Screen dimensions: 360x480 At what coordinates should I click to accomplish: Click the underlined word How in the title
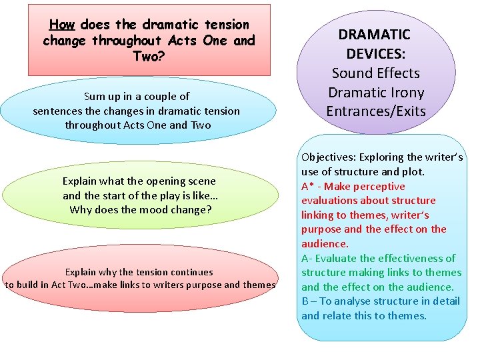coord(62,25)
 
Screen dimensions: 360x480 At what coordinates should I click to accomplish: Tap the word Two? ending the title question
coord(149,56)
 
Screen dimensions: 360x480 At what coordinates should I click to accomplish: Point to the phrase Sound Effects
coord(376,73)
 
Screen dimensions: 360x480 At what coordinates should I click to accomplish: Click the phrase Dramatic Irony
coord(376,92)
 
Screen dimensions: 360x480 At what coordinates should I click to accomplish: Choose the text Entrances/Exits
coord(376,111)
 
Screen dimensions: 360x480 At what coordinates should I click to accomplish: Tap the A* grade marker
coord(307,186)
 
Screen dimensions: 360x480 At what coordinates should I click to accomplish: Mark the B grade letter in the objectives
coord(305,301)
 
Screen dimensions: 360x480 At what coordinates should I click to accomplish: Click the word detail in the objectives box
coord(444,301)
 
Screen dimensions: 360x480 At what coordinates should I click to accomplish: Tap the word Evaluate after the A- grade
coord(337,258)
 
